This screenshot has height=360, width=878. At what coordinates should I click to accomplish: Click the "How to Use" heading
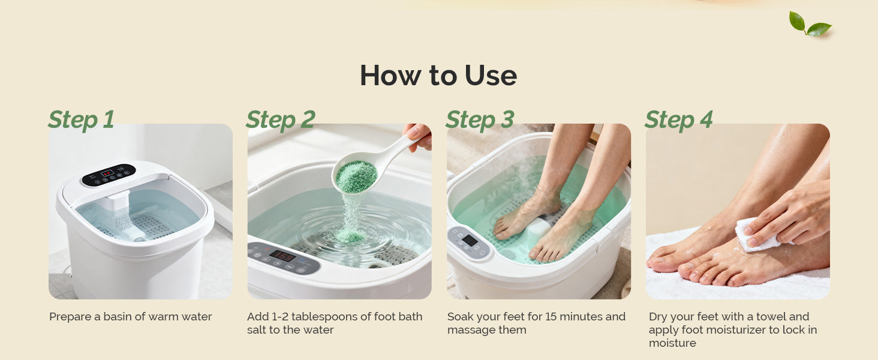click(x=438, y=75)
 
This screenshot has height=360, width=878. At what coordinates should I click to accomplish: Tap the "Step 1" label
click(x=81, y=119)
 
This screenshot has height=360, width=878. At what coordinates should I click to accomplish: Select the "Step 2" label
click(x=281, y=119)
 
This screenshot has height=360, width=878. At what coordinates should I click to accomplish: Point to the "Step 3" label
click(x=480, y=119)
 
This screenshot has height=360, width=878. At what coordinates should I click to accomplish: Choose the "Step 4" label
click(x=679, y=119)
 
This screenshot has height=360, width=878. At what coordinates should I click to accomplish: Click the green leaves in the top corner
click(x=810, y=25)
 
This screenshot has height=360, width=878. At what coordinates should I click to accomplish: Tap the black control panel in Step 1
click(x=109, y=175)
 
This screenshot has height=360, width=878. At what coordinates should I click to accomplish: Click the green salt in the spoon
click(x=356, y=177)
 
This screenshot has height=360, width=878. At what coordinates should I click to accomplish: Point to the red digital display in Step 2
click(x=282, y=256)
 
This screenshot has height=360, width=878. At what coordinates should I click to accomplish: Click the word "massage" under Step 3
click(x=470, y=331)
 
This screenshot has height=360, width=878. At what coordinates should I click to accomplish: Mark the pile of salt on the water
click(x=350, y=236)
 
